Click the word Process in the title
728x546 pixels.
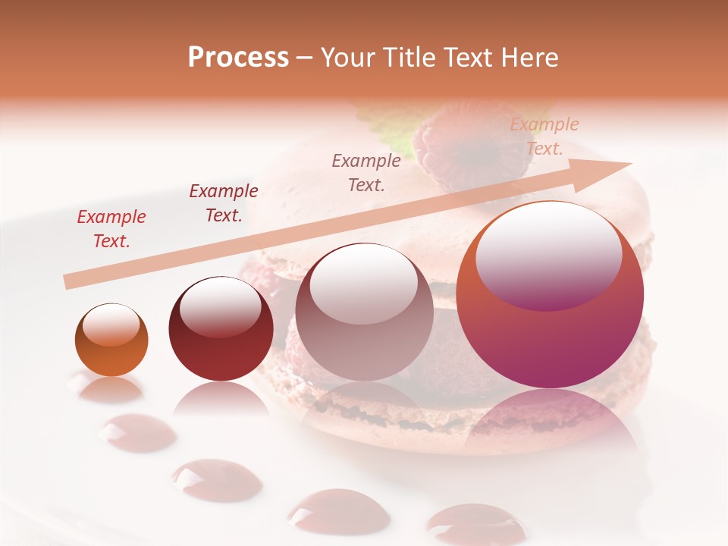pos(238,57)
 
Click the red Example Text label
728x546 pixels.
pos(111,229)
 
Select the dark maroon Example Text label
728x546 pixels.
pos(224,203)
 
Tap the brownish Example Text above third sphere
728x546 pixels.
pos(366,172)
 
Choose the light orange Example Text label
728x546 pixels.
pos(544,136)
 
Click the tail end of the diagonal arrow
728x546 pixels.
pos(70,282)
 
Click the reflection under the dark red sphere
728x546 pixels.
pos(221,400)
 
